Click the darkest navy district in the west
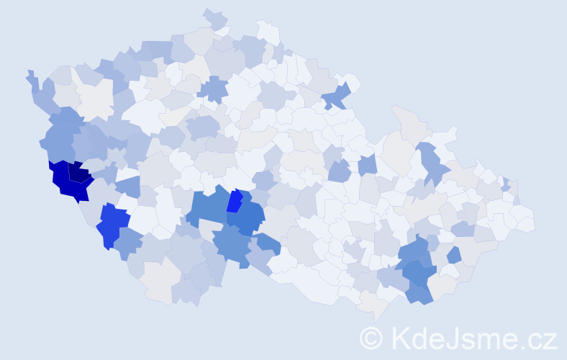coord(79,173)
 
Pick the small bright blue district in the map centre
coord(235,201)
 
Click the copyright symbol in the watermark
coord(371,338)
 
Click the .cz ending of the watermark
coord(538,338)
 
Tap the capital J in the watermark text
coord(453,338)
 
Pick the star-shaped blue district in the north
coord(213,90)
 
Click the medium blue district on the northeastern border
coord(337,95)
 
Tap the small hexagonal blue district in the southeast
coord(453,255)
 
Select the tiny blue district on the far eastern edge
coord(506,184)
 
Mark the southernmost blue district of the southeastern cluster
coord(419,294)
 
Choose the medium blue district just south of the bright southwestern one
coord(127,243)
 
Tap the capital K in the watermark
coord(399,338)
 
